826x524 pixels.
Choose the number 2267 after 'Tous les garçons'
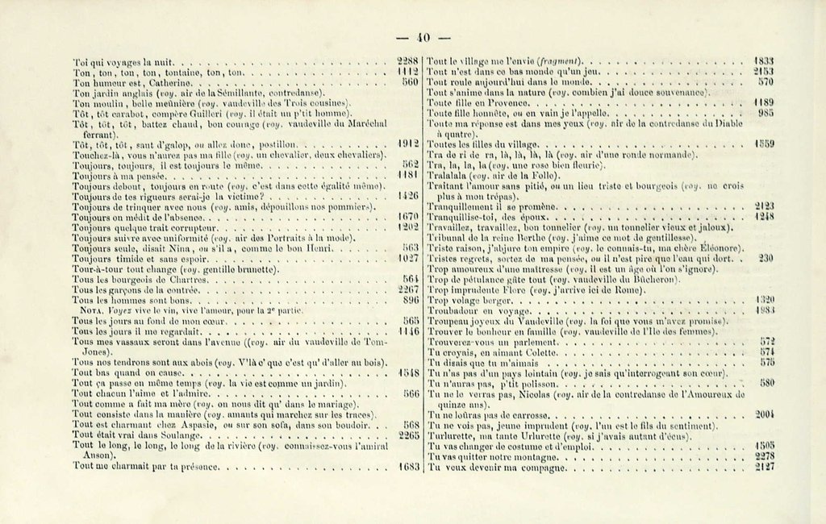(x=408, y=289)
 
